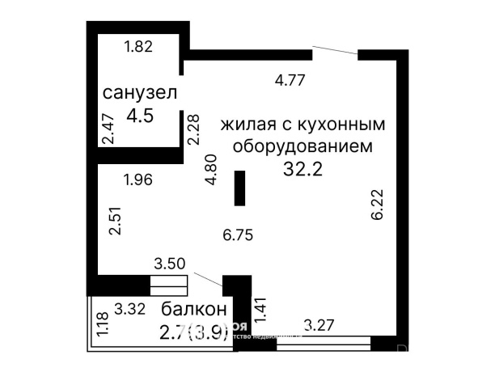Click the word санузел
click(140, 93)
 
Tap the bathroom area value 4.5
click(140, 115)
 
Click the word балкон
click(192, 310)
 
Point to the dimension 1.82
click(137, 48)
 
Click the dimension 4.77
click(291, 80)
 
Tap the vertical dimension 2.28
click(192, 129)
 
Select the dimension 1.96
click(139, 180)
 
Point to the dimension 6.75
click(239, 236)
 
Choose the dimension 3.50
click(170, 264)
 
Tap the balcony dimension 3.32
click(130, 307)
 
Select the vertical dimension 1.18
click(102, 324)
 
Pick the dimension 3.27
click(320, 327)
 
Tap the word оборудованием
click(302, 147)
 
